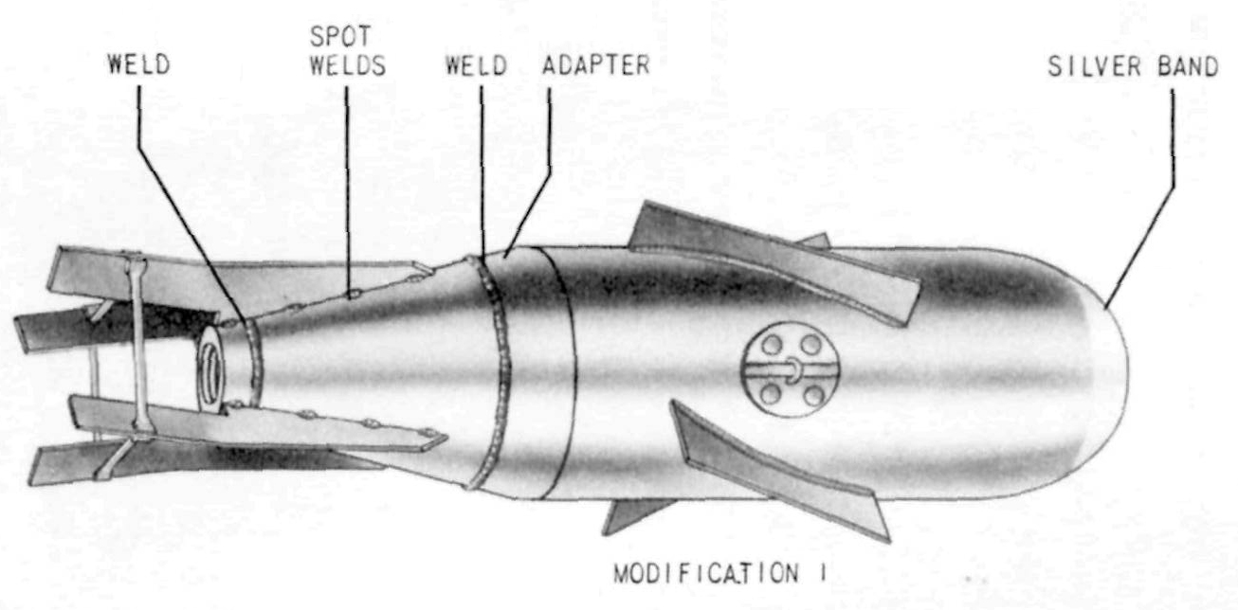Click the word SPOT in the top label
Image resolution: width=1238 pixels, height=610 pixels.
pyautogui.click(x=340, y=36)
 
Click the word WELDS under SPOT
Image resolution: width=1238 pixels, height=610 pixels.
pyautogui.click(x=348, y=65)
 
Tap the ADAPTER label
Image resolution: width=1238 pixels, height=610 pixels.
pyautogui.click(x=596, y=65)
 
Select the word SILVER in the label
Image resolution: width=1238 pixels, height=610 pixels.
pyautogui.click(x=1094, y=67)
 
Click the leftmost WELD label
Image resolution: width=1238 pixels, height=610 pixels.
pyautogui.click(x=138, y=64)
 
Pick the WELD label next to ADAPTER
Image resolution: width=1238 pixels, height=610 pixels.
pyautogui.click(x=476, y=65)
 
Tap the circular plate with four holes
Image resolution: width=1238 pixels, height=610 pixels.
pyautogui.click(x=790, y=369)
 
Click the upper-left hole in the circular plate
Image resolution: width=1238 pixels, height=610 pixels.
pyautogui.click(x=772, y=346)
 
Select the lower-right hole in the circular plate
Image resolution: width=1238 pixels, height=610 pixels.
pyautogui.click(x=812, y=395)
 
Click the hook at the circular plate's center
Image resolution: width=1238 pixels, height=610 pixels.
pyautogui.click(x=792, y=369)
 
